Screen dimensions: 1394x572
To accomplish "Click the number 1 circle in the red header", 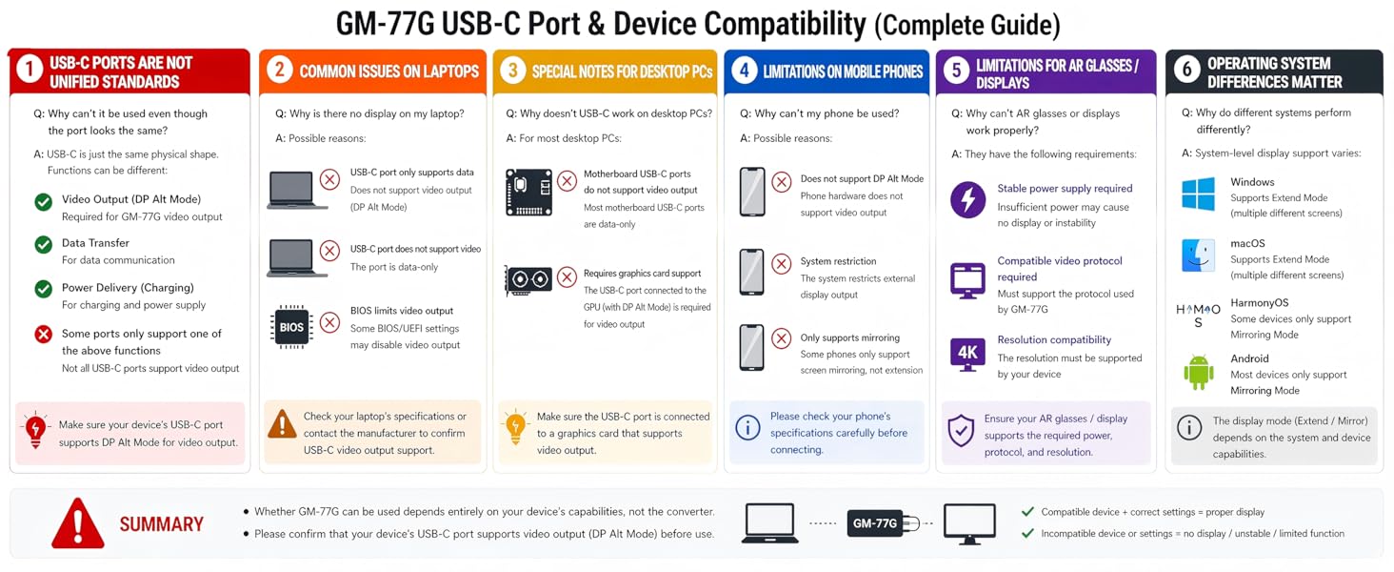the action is [30, 70].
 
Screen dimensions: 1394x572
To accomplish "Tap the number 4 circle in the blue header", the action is [744, 71].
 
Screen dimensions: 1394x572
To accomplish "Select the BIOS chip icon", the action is [291, 327].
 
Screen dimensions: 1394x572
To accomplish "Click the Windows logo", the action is [1198, 194].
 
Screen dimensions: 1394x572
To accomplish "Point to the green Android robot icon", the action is [1199, 373].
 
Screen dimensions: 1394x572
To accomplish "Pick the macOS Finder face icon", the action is [1198, 255].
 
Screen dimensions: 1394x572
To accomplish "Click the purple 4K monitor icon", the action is [967, 354].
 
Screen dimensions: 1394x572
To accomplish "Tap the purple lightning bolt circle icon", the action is [967, 200].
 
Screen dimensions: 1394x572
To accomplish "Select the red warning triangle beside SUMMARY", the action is [78, 523].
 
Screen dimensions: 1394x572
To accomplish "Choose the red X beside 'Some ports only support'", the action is [43, 335].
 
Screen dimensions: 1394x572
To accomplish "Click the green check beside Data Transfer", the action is [43, 244].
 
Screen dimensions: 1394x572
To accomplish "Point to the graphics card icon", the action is [528, 279].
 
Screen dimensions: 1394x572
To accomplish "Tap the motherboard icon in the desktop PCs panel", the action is [528, 193].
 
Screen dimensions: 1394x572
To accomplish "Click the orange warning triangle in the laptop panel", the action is [282, 423].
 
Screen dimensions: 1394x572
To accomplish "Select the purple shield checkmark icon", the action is [961, 431].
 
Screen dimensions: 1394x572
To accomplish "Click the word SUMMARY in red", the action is [161, 524].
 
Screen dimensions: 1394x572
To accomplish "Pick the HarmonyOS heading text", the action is [1260, 303].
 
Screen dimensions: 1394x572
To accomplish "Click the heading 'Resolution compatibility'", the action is [1054, 339].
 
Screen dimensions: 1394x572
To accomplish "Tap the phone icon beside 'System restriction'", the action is [752, 273].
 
